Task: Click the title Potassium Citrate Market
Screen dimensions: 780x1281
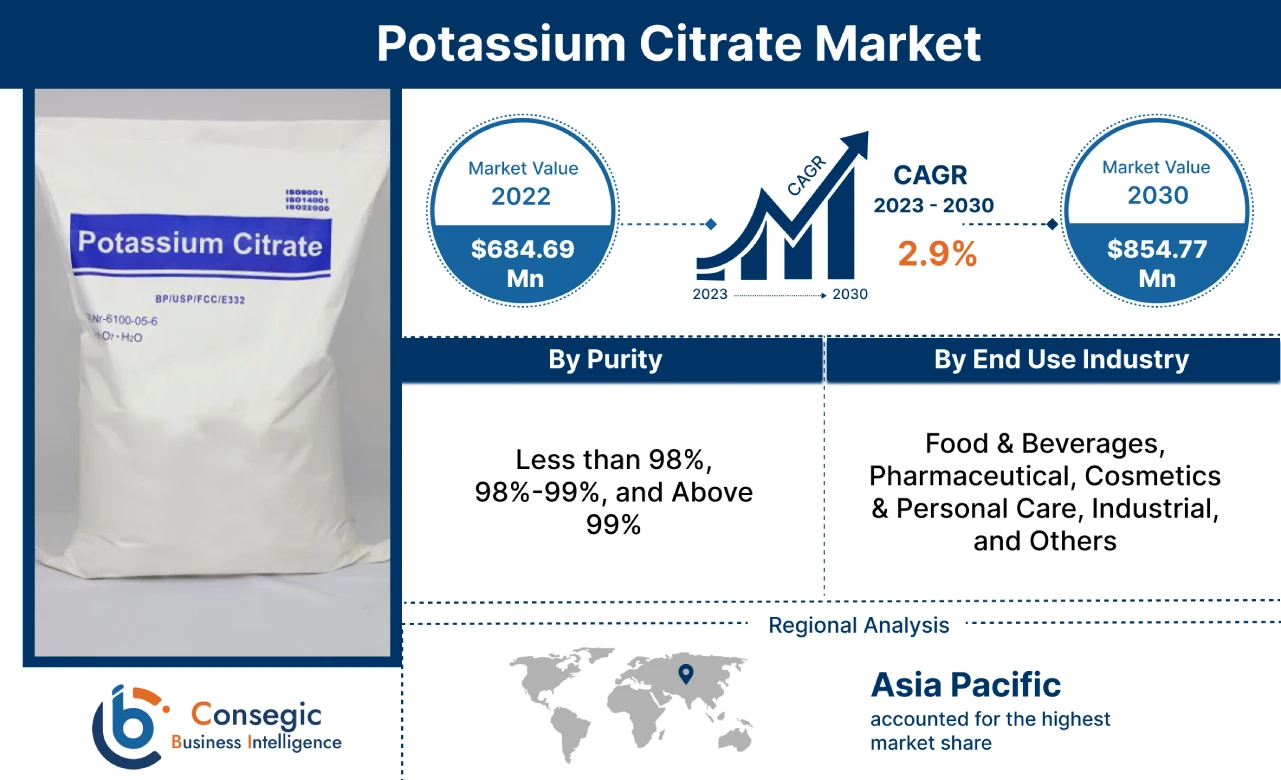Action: click(679, 44)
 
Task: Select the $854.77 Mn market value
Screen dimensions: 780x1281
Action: click(1156, 263)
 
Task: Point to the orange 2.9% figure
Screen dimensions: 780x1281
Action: click(936, 254)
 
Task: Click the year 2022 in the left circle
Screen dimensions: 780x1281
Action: click(521, 195)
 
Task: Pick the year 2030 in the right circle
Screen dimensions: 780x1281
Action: click(1157, 194)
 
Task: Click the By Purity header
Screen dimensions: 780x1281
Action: click(605, 360)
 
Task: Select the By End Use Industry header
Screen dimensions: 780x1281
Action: click(1061, 360)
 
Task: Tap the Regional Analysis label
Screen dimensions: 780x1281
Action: click(858, 626)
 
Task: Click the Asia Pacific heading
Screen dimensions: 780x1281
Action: click(965, 685)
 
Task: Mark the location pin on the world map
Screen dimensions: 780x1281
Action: click(685, 673)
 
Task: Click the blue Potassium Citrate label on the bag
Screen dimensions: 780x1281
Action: click(200, 244)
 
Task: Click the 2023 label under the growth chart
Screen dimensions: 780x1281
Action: click(711, 294)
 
